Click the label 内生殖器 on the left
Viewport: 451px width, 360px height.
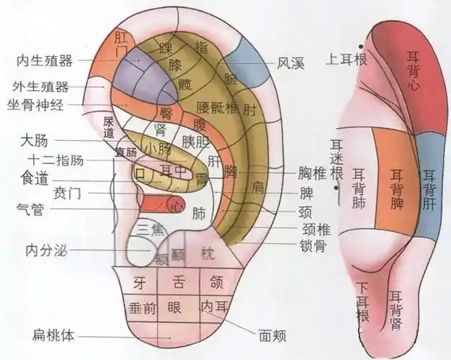(x=44, y=61)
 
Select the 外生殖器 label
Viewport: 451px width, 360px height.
(x=40, y=87)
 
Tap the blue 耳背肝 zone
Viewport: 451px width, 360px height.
(x=429, y=183)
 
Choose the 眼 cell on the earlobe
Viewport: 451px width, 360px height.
(x=174, y=306)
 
